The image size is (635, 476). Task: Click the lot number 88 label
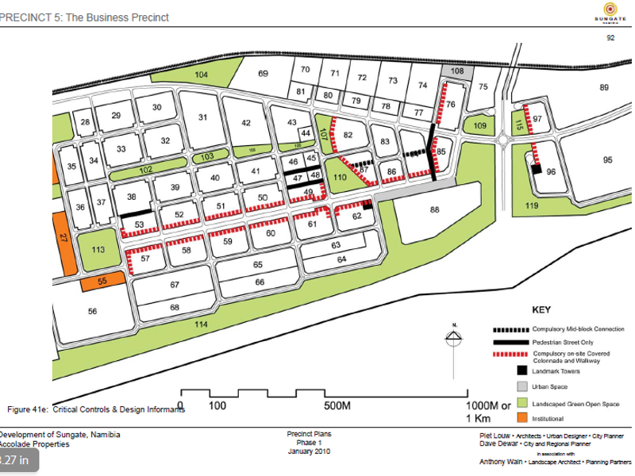(x=434, y=209)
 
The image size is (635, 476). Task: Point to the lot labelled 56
(x=92, y=312)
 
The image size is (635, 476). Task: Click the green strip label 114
(x=202, y=324)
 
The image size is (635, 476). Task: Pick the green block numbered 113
(x=98, y=249)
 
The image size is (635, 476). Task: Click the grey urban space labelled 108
(x=456, y=71)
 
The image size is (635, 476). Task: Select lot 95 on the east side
(x=607, y=160)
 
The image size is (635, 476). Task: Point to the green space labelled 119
(x=532, y=206)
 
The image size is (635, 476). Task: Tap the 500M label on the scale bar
(x=337, y=405)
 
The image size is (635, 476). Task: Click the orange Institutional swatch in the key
(x=522, y=418)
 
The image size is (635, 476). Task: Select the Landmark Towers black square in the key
(x=522, y=370)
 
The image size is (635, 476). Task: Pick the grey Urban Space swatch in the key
(x=522, y=386)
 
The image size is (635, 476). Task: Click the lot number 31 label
(x=202, y=117)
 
